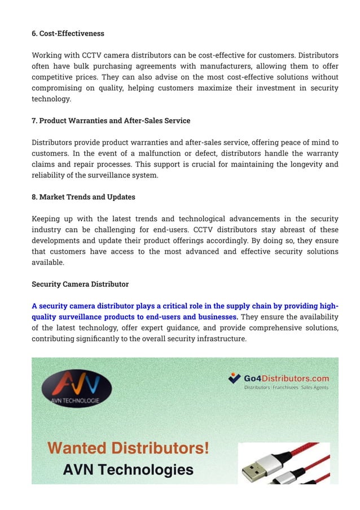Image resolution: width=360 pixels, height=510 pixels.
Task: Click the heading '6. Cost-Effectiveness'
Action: coord(68,33)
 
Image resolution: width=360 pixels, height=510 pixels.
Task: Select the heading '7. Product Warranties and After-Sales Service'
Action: coord(111,120)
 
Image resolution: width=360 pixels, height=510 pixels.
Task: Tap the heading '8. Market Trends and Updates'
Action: coord(83,197)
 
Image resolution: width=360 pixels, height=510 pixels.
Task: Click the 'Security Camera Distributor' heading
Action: coord(80,284)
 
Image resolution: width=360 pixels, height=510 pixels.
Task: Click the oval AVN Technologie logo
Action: coord(77,389)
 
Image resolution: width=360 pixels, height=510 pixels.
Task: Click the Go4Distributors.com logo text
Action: coord(286,378)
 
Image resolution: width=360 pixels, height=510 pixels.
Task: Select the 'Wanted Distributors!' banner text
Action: coord(128,448)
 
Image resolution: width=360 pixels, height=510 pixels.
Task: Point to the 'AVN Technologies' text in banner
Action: coord(128,469)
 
